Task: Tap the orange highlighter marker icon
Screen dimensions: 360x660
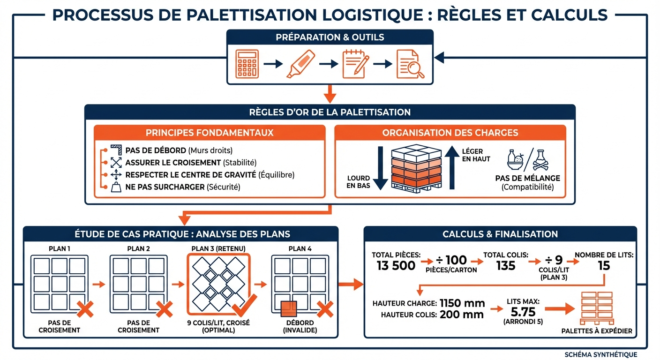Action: click(x=300, y=64)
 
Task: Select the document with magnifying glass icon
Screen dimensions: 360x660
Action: click(x=410, y=64)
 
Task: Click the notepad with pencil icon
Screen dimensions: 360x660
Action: click(x=355, y=64)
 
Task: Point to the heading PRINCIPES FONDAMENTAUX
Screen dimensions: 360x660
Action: click(x=210, y=133)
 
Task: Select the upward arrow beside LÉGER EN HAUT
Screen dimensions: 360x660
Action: click(x=452, y=168)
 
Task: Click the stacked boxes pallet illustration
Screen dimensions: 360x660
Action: click(x=416, y=168)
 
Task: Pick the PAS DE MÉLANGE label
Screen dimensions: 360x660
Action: click(x=527, y=178)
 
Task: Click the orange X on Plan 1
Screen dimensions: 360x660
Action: click(x=85, y=310)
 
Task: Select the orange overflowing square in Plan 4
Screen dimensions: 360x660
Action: click(x=289, y=309)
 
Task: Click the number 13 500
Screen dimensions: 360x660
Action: click(x=396, y=266)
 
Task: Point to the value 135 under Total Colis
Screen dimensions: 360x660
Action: click(x=505, y=266)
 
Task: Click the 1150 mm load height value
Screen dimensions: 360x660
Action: click(x=462, y=303)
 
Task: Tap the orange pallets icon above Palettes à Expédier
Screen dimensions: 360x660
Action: click(x=596, y=308)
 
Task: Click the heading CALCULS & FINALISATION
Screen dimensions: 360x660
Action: click(x=500, y=234)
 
